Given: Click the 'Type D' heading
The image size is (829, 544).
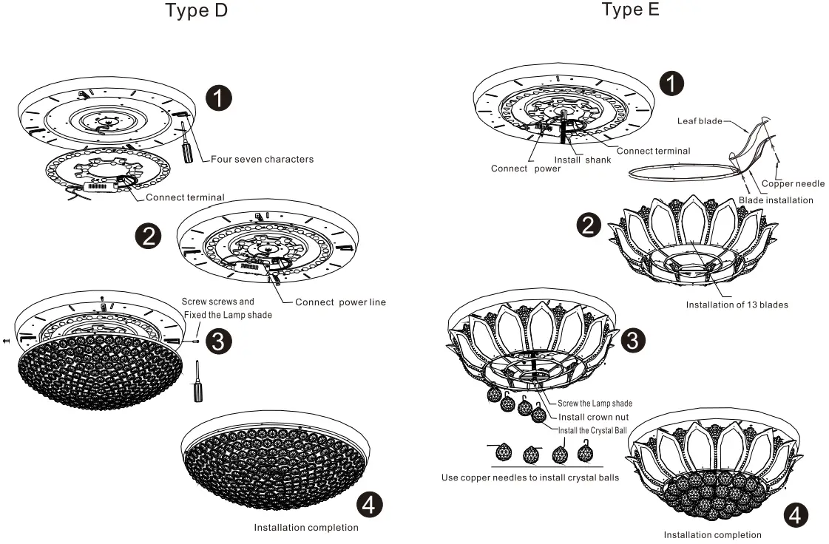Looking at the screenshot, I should coord(196,11).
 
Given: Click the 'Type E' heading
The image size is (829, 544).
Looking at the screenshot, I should coord(630,10).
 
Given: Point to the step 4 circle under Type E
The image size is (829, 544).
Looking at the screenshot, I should coord(795,516).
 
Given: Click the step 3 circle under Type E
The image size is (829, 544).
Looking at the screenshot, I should coord(632,339).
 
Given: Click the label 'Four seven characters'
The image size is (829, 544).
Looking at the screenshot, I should coord(262,159).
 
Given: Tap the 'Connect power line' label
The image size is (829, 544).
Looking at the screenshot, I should coord(340,302).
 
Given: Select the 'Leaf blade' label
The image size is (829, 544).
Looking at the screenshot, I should coord(700,120).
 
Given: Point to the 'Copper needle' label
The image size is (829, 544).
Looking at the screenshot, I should coord(793,183).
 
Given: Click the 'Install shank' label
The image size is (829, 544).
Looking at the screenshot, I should coord(583,160).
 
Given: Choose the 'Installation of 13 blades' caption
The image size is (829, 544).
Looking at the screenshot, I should coord(737,305).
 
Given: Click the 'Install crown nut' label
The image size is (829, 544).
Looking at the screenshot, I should coord(593,417).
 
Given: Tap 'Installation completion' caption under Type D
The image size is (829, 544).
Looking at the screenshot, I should coord(306,528).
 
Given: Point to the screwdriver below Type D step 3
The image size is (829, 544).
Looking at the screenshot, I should coord(197,382).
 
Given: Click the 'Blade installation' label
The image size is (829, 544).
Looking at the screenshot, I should coord(776,200).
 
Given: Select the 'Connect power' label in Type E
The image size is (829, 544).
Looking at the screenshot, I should coord(526,169).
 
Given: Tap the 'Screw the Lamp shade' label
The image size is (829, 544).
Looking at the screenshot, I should coord(595,404).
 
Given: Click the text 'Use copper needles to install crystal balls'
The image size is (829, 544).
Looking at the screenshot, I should coord(530,477).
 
